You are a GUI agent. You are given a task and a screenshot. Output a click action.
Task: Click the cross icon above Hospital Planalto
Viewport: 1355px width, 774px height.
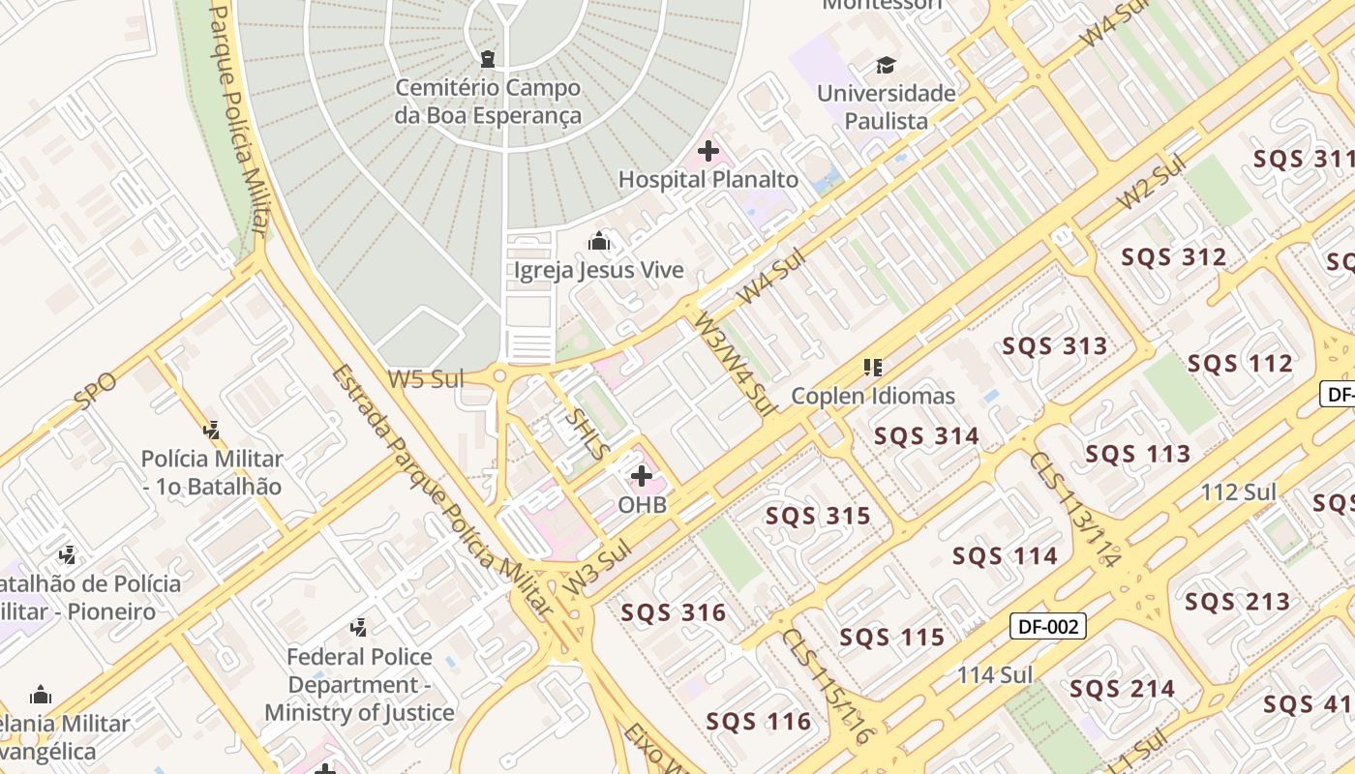708,151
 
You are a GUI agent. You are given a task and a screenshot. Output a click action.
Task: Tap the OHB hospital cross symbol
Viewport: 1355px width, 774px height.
642,476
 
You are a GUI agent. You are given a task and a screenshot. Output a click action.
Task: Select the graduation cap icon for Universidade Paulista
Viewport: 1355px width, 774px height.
886,66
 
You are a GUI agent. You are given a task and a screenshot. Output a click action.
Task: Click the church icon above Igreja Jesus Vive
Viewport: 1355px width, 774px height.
599,241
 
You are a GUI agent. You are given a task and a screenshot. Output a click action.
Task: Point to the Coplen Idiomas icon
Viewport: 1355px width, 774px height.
873,368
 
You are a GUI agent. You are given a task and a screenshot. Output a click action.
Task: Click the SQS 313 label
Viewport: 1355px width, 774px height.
1054,346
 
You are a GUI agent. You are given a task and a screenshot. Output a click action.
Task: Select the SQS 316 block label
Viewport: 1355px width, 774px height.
673,612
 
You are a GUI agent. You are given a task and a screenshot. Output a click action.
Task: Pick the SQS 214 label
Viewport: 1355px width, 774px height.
1122,690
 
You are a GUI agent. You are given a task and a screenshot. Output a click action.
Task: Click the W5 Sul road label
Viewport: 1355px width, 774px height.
426,379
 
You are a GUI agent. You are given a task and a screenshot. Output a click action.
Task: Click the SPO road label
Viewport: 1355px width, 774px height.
94,390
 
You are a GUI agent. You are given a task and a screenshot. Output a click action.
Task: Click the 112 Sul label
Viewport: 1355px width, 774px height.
1239,492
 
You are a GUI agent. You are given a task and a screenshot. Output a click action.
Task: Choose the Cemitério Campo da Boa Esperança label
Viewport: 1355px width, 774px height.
488,102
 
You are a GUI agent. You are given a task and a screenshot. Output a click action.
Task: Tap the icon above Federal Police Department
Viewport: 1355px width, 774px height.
359,628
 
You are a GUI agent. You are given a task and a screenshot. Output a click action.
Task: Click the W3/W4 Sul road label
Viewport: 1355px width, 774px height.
734,363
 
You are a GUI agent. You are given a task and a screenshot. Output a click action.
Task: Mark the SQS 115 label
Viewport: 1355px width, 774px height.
891,638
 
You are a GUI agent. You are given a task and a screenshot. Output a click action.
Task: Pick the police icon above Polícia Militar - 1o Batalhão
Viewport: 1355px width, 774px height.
212,430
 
